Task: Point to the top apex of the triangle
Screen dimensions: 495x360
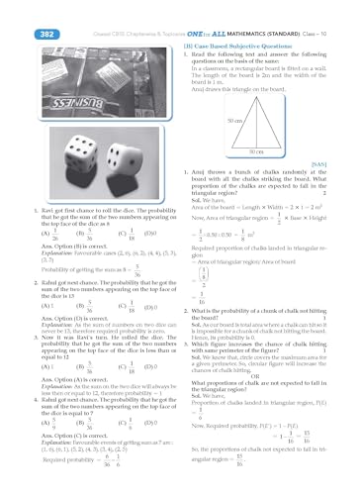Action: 275,91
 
